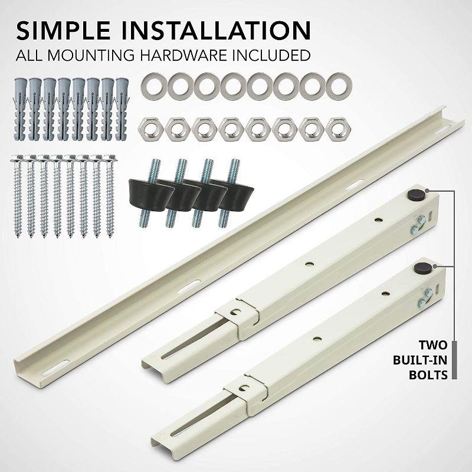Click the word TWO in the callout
(x=432, y=345)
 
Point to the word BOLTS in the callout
(x=431, y=375)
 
